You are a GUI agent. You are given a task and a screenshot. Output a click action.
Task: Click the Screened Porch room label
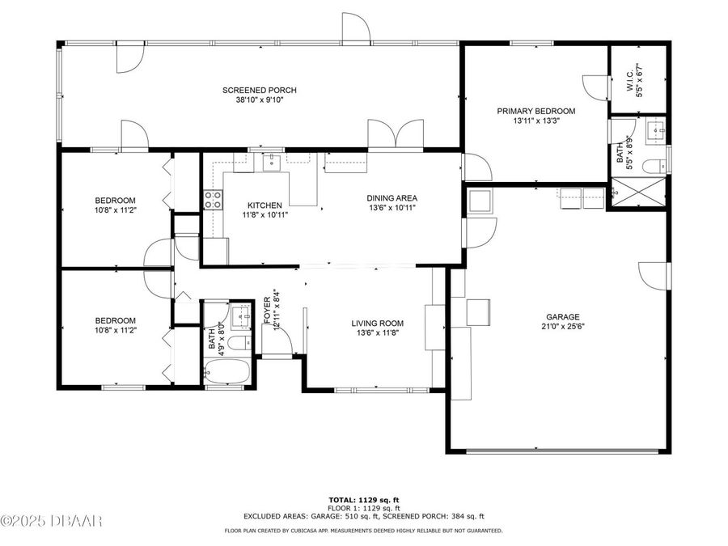coord(258,90)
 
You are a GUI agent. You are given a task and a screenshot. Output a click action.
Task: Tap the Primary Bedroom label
coord(535,111)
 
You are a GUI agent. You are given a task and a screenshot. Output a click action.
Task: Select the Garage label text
coord(562,317)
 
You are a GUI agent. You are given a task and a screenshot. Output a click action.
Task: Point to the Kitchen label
coord(265,205)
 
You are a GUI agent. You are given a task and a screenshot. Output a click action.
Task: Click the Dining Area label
coord(392,197)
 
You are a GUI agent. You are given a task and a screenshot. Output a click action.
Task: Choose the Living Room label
coord(377,324)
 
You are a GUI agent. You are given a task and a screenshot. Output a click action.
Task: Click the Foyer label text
coord(267,311)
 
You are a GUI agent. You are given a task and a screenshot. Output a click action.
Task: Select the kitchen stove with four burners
coord(213,200)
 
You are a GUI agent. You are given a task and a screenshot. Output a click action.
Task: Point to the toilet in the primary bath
coord(654,167)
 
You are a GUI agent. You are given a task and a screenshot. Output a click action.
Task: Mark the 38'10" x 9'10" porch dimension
coord(258,100)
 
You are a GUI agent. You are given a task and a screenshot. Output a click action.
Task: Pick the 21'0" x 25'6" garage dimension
coord(562,328)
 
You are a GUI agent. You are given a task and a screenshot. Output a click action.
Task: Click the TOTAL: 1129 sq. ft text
coord(363,500)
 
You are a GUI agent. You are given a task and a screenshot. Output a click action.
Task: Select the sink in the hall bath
coord(240,315)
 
